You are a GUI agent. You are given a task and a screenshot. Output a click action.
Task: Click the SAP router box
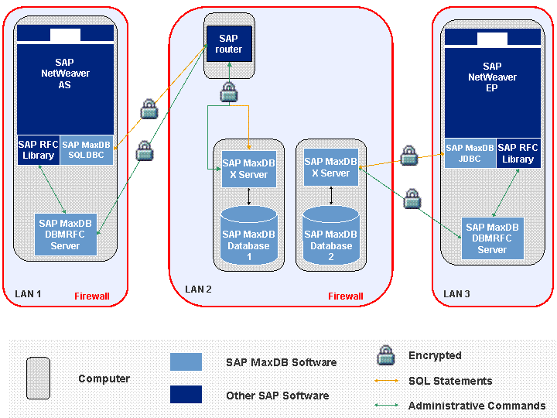click(229, 44)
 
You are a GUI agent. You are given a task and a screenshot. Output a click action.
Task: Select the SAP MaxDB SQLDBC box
click(87, 149)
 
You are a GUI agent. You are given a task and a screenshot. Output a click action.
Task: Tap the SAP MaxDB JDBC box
click(470, 153)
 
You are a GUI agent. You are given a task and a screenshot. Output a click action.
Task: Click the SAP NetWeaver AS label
click(65, 74)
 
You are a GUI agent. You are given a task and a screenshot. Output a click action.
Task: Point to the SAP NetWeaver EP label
click(492, 77)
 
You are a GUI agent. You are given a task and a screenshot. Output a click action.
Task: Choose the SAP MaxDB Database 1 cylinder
click(248, 237)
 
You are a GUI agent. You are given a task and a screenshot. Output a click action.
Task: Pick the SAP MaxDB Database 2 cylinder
click(331, 237)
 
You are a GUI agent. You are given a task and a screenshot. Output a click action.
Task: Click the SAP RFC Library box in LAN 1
click(38, 149)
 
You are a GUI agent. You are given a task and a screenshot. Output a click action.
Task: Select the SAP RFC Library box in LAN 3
click(518, 153)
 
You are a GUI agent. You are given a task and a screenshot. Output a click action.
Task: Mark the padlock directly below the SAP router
click(228, 94)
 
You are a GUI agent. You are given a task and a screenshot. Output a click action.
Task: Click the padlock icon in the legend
click(386, 355)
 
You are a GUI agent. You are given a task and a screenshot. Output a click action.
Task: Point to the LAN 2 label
click(198, 290)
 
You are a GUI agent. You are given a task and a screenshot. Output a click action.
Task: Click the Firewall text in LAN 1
click(92, 296)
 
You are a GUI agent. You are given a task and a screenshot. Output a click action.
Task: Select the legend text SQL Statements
click(450, 381)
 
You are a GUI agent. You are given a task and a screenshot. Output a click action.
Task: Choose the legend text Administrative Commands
click(477, 406)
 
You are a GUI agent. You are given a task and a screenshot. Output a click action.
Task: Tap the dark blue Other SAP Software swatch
click(186, 395)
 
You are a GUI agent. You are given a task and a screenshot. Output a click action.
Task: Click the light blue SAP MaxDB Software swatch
click(186, 361)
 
